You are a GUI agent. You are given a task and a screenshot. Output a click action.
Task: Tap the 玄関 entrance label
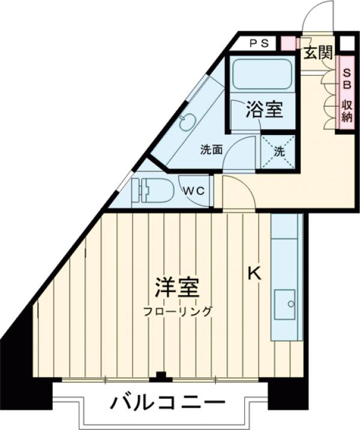click(317, 52)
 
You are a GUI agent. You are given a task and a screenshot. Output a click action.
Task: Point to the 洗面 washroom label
click(211, 150)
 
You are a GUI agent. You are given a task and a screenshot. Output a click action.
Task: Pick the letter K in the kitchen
click(254, 273)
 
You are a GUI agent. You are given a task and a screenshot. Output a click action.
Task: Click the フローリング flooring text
click(178, 311)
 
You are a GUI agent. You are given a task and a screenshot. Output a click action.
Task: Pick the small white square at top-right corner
click(346, 43)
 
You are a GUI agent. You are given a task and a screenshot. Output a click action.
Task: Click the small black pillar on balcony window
click(160, 377)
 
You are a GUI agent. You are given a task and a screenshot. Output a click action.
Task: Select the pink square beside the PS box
click(288, 43)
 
